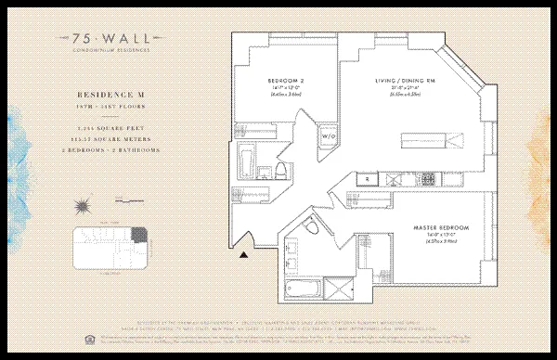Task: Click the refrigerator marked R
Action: (x=368, y=177)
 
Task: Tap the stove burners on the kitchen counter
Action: (x=428, y=177)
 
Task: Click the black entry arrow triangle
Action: (x=244, y=248)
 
